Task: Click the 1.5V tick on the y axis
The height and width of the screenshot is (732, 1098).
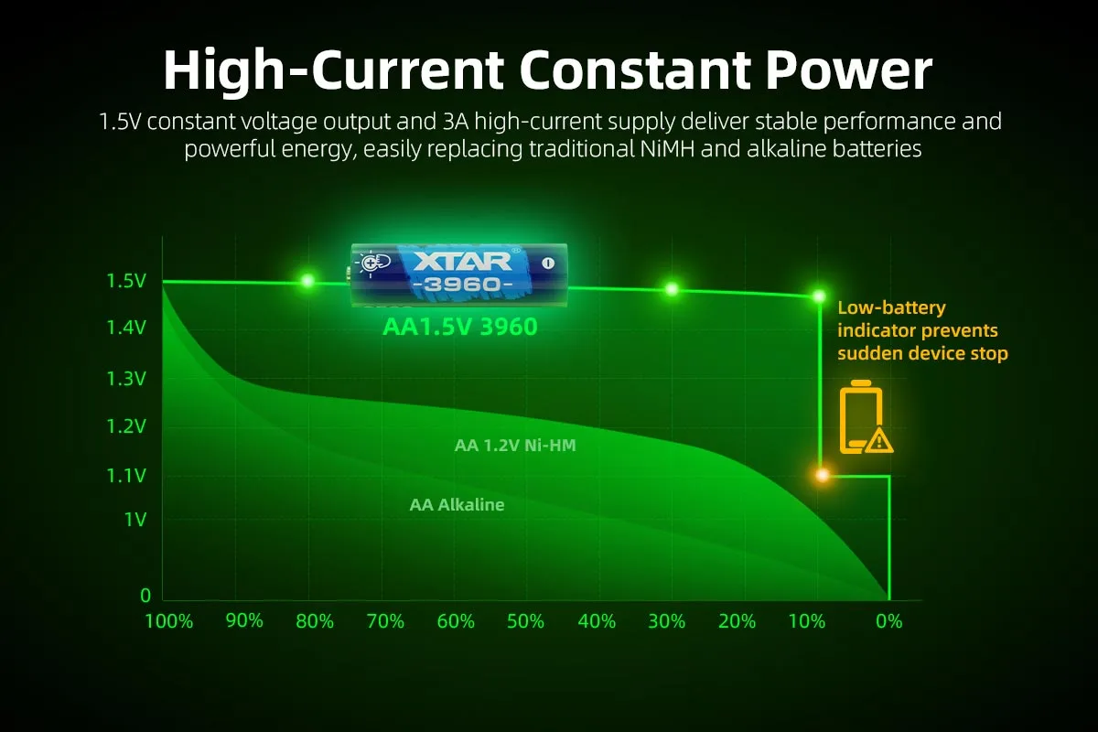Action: click(x=126, y=281)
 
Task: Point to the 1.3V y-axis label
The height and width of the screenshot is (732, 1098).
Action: click(x=126, y=378)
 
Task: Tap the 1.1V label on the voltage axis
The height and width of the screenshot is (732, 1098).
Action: click(x=126, y=475)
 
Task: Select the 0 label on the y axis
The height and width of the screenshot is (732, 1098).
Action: click(x=145, y=596)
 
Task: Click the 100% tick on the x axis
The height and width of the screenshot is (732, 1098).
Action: click(x=170, y=621)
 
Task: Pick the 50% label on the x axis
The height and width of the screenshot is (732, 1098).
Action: click(x=525, y=621)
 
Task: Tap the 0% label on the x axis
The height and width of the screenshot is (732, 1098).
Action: click(x=888, y=621)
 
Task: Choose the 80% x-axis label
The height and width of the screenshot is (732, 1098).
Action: click(x=315, y=621)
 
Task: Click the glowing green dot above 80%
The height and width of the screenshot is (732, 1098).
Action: click(x=307, y=281)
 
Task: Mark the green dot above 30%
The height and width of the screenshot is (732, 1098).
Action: click(x=672, y=289)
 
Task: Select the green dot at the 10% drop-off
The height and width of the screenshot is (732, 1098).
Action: click(x=820, y=296)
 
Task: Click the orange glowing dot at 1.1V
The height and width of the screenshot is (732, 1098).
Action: click(x=822, y=475)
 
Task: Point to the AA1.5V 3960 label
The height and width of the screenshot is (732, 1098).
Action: click(x=459, y=327)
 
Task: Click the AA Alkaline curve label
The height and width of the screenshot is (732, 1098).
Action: click(x=457, y=504)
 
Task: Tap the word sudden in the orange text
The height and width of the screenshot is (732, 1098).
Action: click(x=868, y=353)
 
